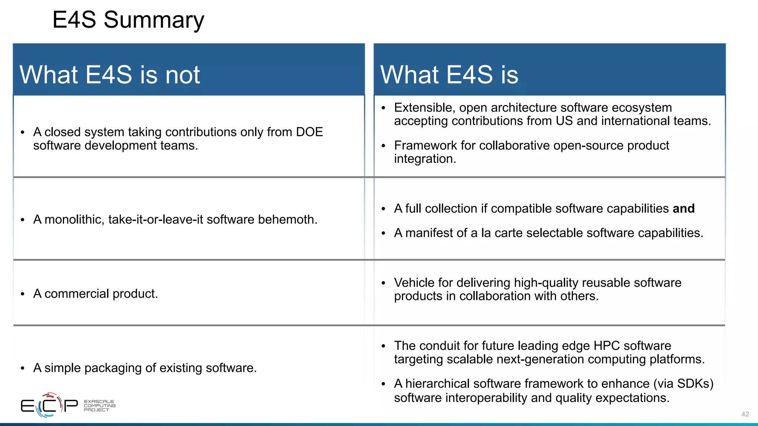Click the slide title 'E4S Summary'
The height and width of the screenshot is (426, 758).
(x=128, y=20)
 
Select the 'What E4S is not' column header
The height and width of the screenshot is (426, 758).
(x=110, y=75)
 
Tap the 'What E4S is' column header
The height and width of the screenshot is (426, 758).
(x=449, y=75)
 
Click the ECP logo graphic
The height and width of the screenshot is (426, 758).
(x=49, y=405)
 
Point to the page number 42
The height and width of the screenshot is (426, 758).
(x=745, y=414)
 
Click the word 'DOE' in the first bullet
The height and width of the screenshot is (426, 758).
(x=309, y=132)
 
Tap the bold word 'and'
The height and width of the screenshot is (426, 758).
(x=684, y=209)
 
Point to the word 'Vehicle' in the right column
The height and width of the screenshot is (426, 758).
(x=414, y=283)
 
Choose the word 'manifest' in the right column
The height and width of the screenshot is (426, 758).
(x=429, y=233)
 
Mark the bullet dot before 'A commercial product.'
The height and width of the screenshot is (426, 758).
(x=23, y=294)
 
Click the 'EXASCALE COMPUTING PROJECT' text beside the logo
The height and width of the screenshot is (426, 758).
(x=100, y=406)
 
